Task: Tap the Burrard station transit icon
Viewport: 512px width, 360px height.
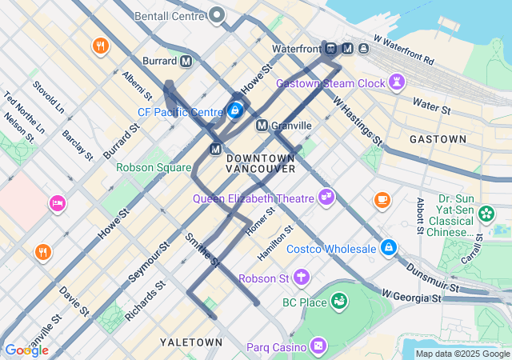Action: [186, 61]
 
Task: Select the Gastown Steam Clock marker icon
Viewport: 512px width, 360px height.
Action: [396, 82]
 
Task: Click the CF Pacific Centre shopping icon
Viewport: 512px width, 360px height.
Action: [235, 110]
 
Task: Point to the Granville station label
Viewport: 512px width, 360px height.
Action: [291, 126]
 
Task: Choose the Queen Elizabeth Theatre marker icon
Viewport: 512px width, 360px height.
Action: [326, 196]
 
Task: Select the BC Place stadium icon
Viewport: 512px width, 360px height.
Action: [339, 302]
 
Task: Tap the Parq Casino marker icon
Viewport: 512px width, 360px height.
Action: [319, 346]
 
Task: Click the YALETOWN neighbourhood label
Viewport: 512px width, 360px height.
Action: [191, 342]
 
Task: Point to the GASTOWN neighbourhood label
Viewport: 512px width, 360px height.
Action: [438, 139]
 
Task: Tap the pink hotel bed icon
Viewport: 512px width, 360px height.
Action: [58, 204]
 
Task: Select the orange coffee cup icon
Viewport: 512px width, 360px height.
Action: [382, 198]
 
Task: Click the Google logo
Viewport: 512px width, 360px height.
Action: [26, 350]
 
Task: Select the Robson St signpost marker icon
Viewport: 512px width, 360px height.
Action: [302, 278]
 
